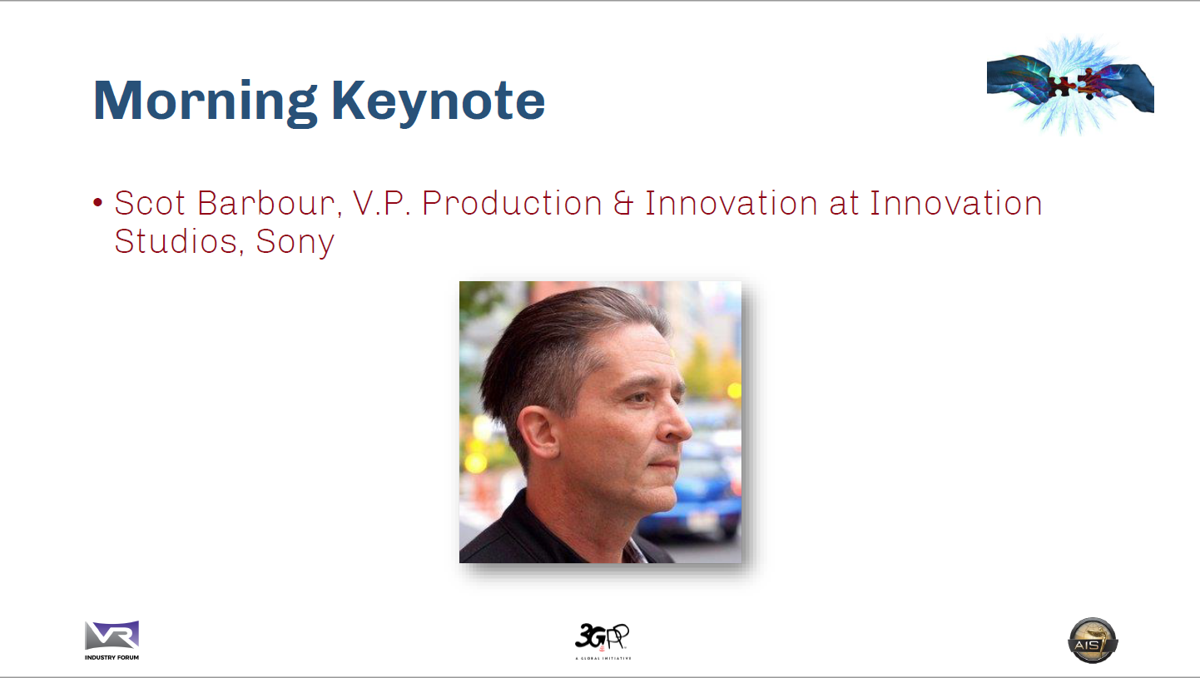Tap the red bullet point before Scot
[97, 202]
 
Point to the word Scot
[150, 204]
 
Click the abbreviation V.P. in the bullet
[382, 204]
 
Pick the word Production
[512, 205]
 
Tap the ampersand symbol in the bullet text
[623, 204]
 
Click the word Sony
[295, 243]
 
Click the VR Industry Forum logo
[112, 641]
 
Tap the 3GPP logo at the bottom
[602, 641]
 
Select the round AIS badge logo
[1093, 641]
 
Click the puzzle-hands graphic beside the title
[1070, 85]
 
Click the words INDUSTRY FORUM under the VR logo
[112, 657]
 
